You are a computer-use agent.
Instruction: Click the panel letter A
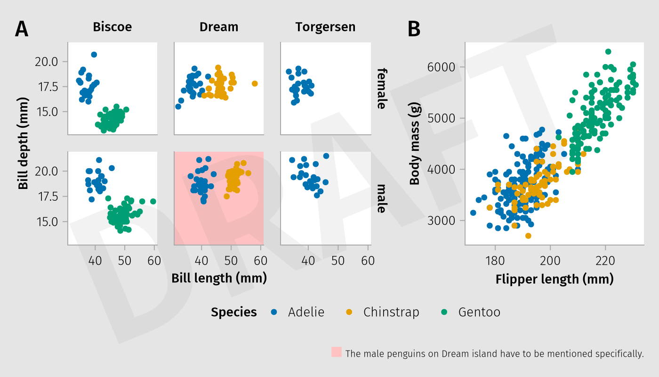point(22,29)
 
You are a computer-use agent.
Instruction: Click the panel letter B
point(414,29)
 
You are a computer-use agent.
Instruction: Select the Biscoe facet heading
point(112,27)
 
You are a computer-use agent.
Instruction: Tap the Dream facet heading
point(219,27)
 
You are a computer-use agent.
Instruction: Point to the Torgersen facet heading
point(325,27)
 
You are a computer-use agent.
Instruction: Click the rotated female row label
point(382,88)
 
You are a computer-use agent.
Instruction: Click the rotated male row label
point(382,198)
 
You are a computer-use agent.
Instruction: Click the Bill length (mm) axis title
point(219,278)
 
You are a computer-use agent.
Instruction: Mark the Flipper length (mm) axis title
point(555,279)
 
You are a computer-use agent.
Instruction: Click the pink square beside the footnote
point(336,352)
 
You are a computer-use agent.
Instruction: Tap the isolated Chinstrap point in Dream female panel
point(255,83)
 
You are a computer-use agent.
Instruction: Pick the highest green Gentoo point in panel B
point(608,52)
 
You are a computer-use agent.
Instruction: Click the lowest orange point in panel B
point(528,236)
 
